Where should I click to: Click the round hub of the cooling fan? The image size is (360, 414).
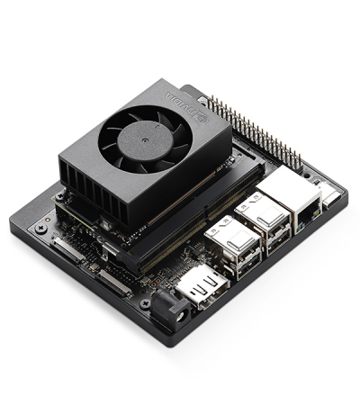(145, 140)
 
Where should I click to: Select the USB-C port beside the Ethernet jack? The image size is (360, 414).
(332, 199)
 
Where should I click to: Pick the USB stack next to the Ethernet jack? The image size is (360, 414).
(263, 221)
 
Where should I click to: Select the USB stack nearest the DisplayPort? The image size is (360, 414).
(233, 247)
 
